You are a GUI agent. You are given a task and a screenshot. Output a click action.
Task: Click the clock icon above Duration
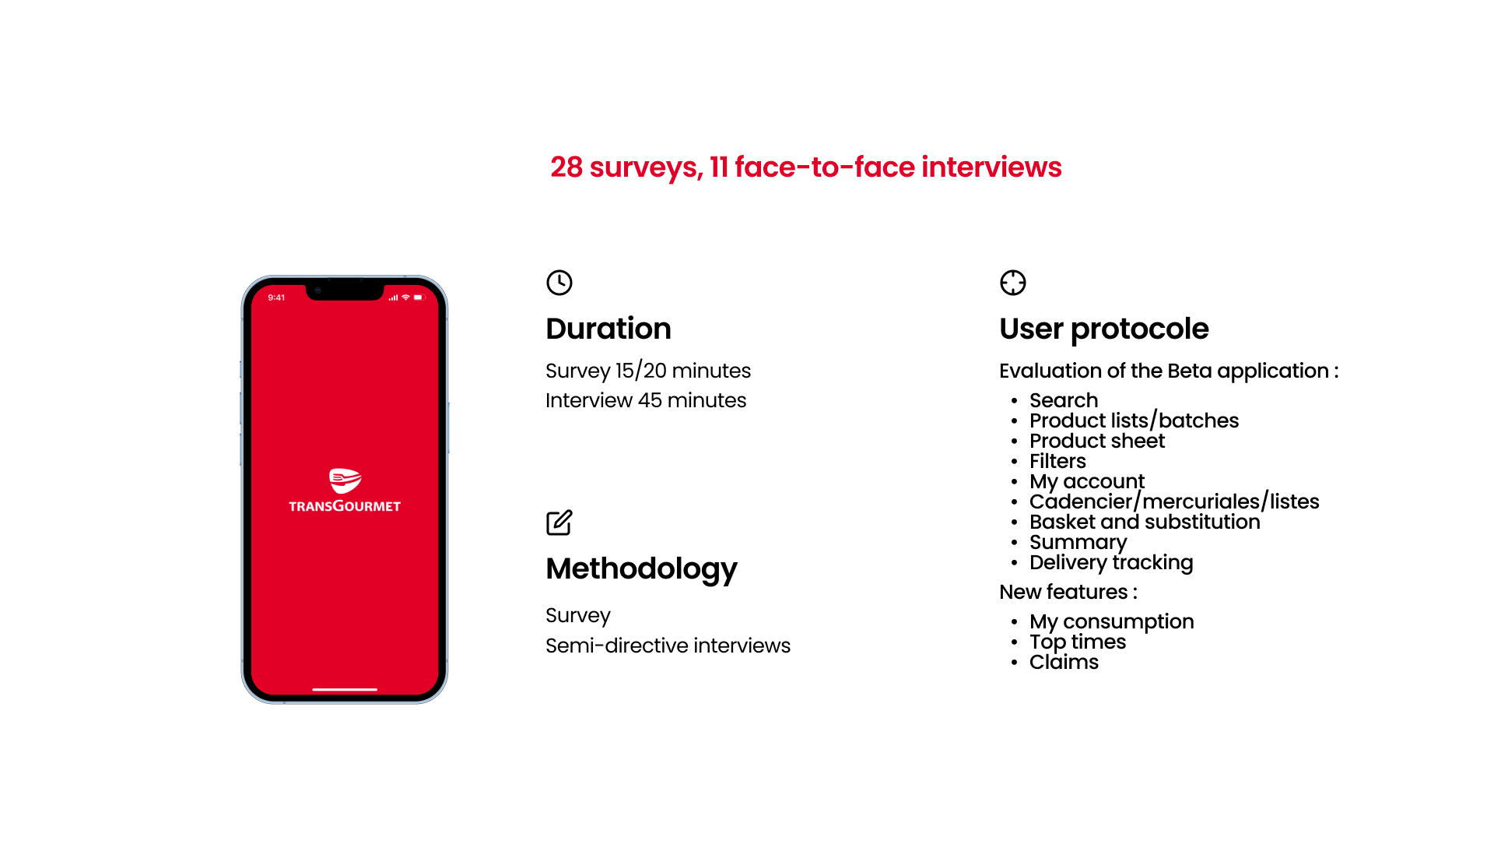[x=559, y=283]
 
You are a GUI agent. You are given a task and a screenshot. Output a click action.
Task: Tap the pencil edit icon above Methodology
[x=559, y=523]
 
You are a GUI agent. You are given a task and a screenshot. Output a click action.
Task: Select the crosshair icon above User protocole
[x=1012, y=283]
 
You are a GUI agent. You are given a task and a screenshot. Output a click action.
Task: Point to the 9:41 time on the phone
[x=276, y=297]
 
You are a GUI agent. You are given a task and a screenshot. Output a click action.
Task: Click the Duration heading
[x=608, y=329]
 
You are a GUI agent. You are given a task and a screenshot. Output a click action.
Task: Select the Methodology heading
[x=641, y=569]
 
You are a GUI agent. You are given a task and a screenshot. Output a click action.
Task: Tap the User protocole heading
[x=1103, y=329]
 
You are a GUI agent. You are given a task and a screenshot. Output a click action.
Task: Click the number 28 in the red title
[x=566, y=167]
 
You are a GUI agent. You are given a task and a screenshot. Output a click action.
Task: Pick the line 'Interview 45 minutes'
[x=646, y=400]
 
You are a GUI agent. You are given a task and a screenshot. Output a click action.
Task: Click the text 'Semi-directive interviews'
[x=668, y=646]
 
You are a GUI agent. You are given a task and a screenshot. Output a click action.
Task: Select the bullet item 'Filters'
[x=1057, y=461]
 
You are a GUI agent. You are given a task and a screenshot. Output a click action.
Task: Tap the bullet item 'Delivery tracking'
[x=1111, y=563]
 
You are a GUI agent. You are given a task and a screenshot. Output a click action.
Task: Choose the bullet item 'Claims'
[x=1064, y=662]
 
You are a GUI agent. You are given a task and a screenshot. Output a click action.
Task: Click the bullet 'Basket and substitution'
[x=1145, y=522]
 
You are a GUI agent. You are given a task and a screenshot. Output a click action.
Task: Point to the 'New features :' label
[x=1068, y=592]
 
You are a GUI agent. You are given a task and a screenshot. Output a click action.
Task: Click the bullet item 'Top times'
[x=1078, y=642]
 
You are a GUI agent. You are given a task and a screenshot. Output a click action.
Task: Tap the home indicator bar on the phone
[x=345, y=689]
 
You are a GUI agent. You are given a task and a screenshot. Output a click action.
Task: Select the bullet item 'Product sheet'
[x=1097, y=441]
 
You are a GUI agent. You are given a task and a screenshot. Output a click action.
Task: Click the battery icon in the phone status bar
[x=419, y=297]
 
